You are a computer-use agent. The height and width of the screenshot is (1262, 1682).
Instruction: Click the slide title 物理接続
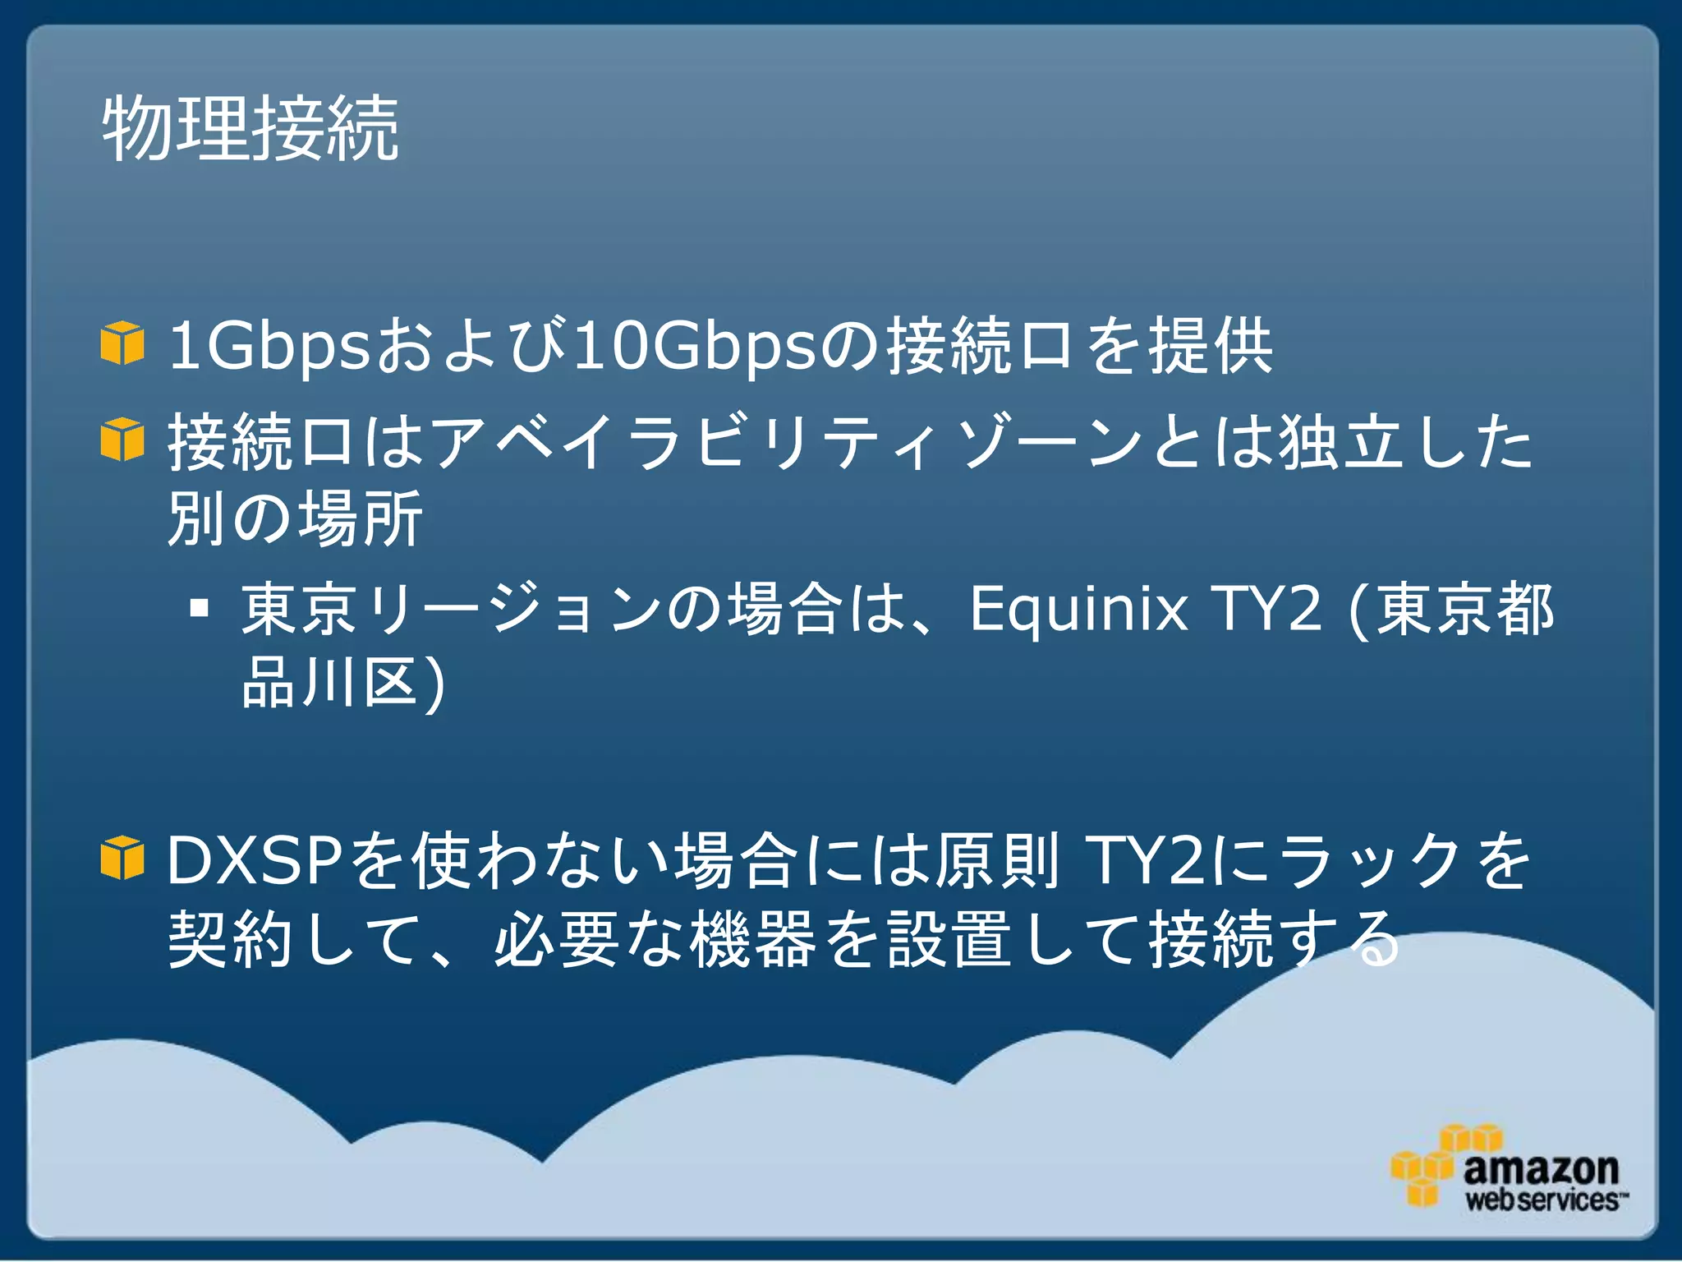coord(250,129)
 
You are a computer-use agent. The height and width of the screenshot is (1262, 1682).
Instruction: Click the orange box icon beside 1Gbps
coord(122,343)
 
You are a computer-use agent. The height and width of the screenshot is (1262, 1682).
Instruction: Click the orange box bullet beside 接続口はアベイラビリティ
coord(122,440)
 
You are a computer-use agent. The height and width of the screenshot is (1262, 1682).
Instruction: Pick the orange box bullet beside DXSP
coord(122,858)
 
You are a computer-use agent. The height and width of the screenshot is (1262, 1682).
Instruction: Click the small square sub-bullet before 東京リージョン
coord(199,609)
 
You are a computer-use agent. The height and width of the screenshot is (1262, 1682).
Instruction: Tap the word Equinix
coord(1078,610)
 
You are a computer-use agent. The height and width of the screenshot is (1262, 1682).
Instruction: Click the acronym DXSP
coord(255,860)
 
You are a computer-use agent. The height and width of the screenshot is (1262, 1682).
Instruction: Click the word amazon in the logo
coord(1540,1168)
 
